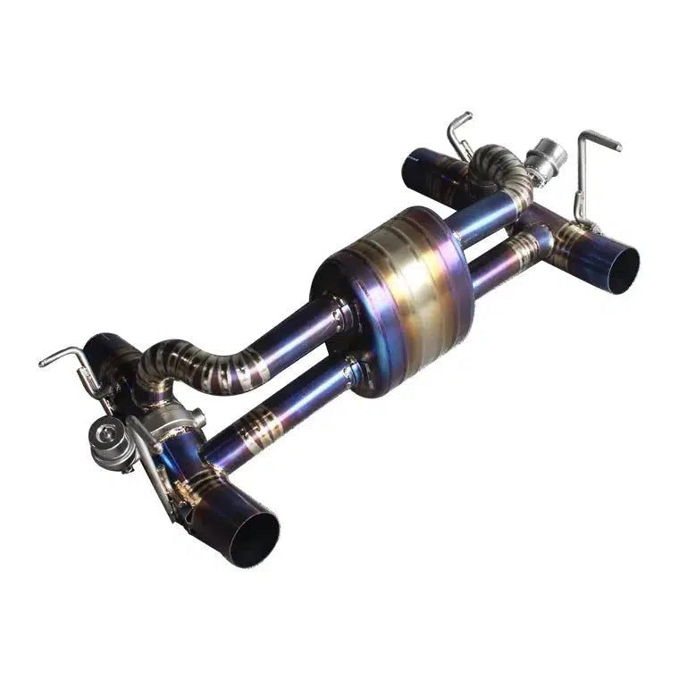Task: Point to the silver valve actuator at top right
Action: coord(547,159)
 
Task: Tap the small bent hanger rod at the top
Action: coord(457,134)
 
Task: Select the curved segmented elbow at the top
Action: coord(496,165)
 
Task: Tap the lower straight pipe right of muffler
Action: coord(500,259)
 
